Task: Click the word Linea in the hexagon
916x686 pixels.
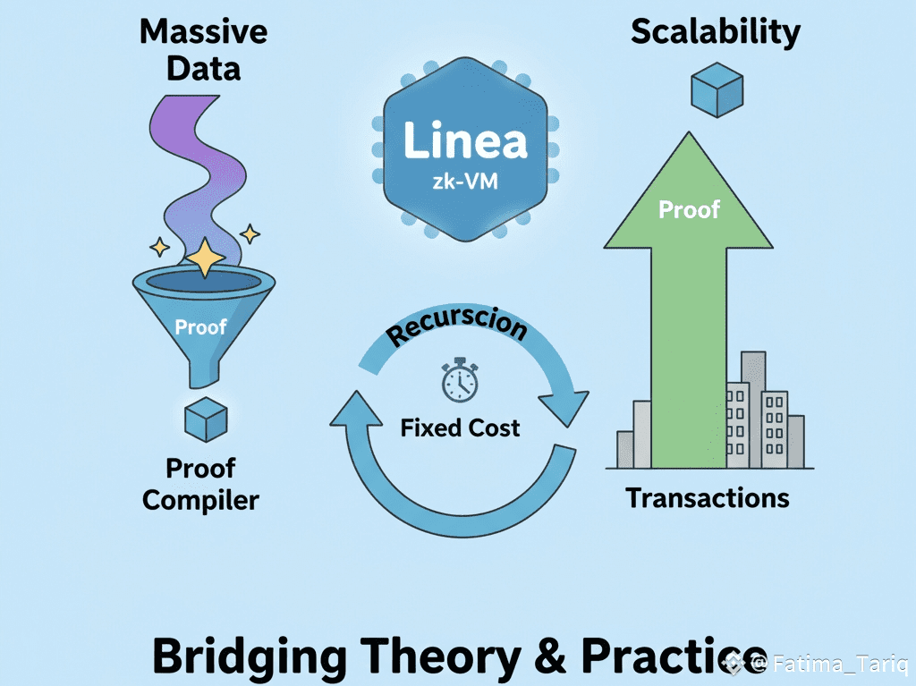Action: (x=464, y=140)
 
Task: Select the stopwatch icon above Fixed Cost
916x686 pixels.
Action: (x=460, y=381)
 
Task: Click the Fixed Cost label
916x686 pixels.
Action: (x=460, y=428)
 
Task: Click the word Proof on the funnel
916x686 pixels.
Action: (x=200, y=326)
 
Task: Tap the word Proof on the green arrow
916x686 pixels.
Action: (x=689, y=209)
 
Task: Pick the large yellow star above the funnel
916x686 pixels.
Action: (x=207, y=258)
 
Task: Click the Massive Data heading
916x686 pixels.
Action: (x=203, y=50)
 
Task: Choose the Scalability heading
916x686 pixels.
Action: (x=716, y=32)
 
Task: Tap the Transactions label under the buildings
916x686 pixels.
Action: (x=708, y=497)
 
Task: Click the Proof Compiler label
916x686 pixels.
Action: (x=200, y=484)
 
